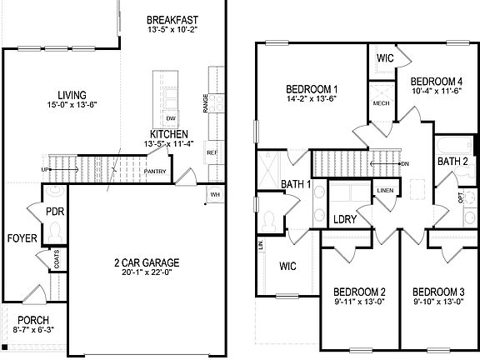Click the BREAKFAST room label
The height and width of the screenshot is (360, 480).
(172, 19)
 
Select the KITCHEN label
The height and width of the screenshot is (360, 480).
(169, 133)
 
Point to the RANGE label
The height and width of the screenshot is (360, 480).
(205, 103)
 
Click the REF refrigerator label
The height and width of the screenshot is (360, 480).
(212, 153)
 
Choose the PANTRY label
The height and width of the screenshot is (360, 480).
(154, 172)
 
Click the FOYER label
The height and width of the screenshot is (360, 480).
(22, 238)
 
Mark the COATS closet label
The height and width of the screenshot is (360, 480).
(57, 260)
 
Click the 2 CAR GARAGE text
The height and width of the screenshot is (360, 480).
(147, 263)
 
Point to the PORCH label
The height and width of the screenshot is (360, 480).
(33, 321)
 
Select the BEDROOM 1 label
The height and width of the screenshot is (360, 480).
(312, 89)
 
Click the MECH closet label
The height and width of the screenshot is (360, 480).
(381, 103)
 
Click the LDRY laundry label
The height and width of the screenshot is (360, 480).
(346, 220)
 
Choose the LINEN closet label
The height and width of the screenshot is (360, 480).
(384, 191)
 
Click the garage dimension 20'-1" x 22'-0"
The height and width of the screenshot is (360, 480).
(147, 273)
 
